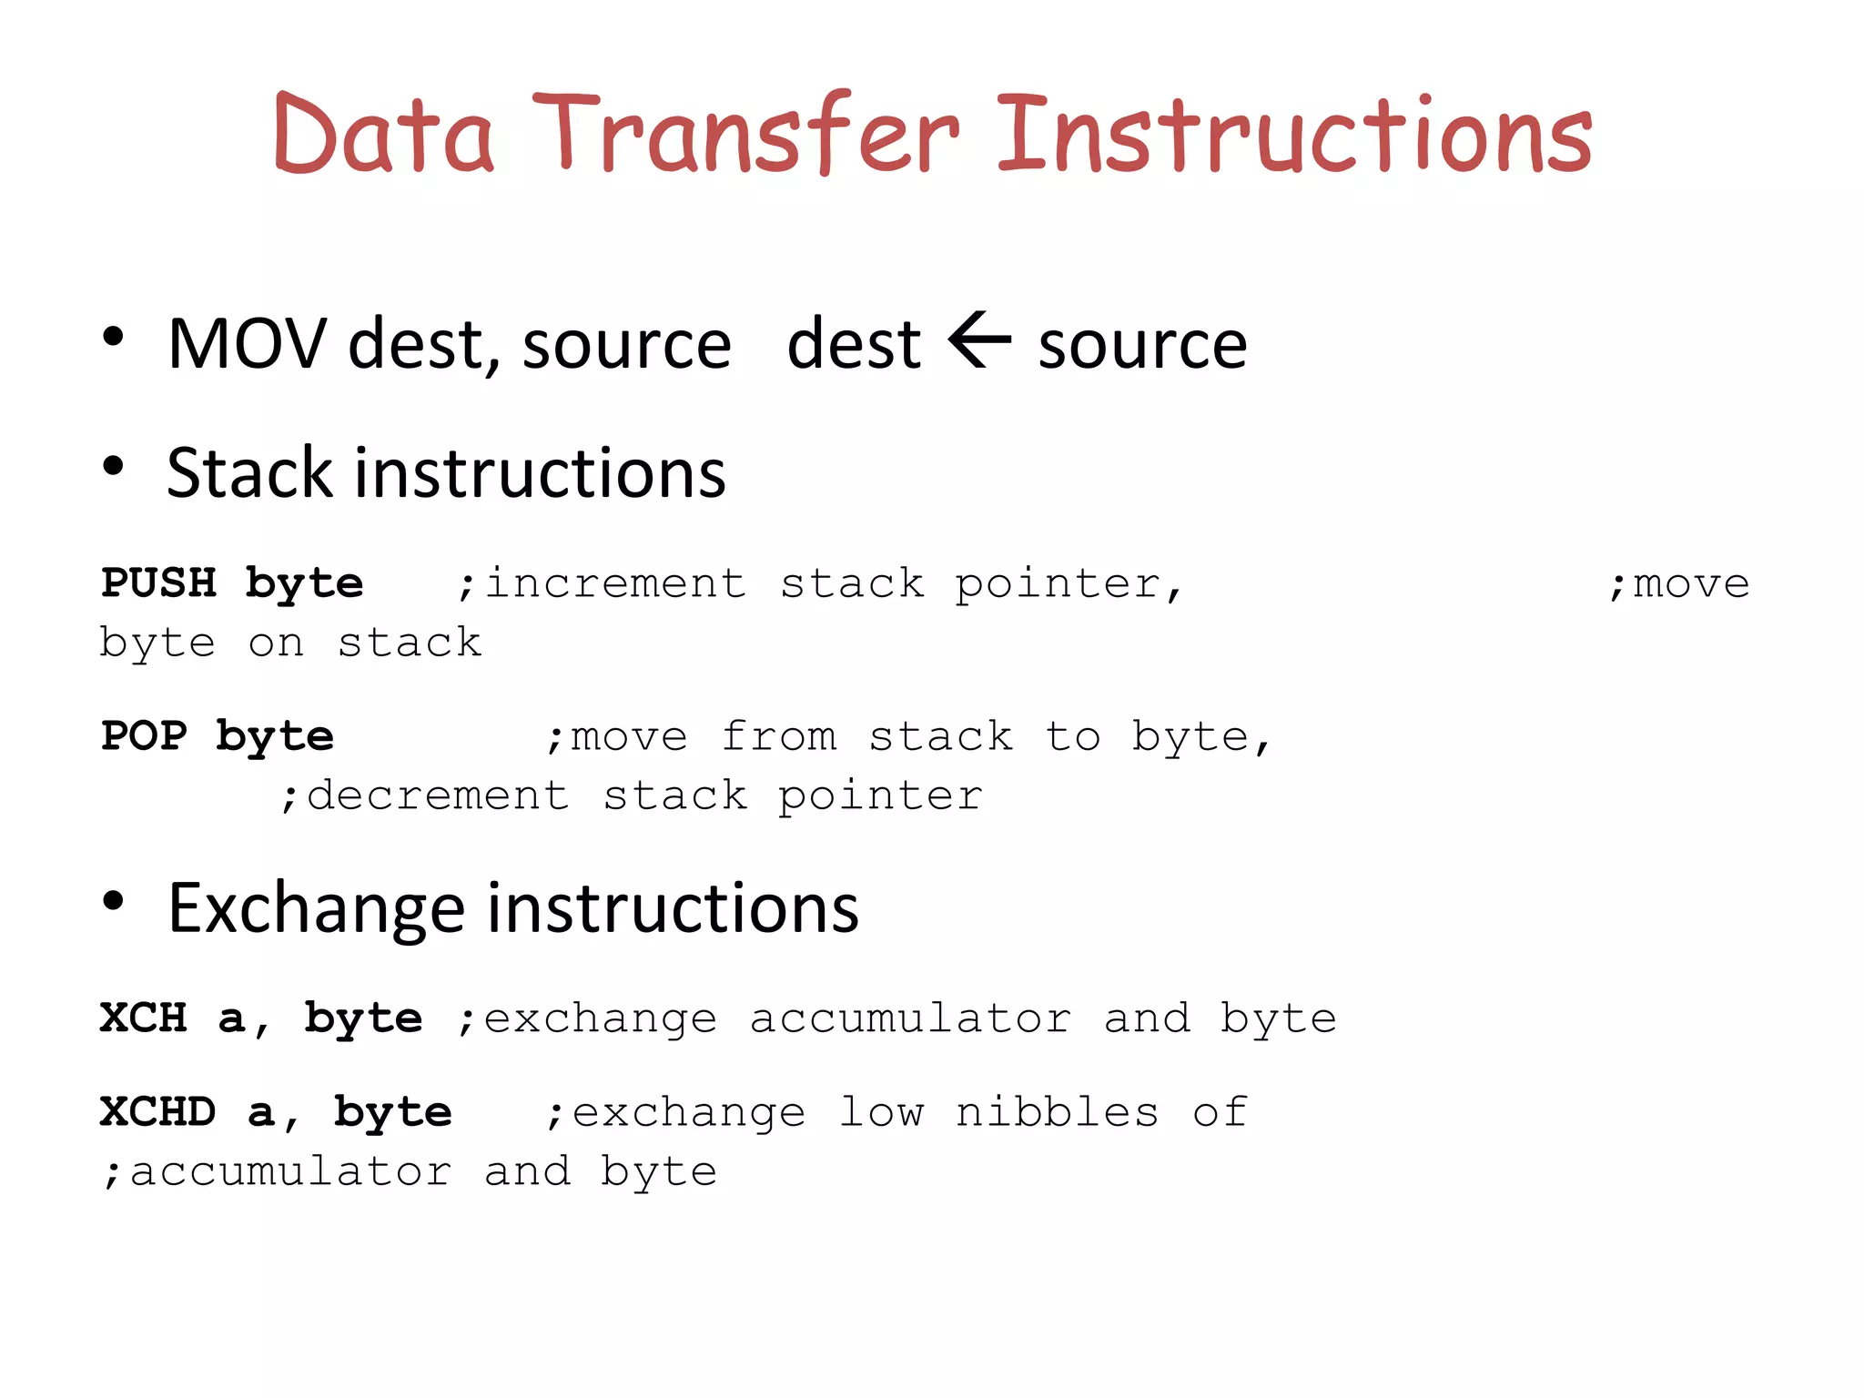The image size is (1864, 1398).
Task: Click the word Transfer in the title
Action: coord(746,135)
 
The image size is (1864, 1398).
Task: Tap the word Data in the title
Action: coord(383,135)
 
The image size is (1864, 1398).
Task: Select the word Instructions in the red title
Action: coord(1294,135)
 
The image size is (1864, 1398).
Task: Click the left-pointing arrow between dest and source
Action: coord(979,340)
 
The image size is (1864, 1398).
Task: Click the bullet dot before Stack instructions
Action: coord(113,467)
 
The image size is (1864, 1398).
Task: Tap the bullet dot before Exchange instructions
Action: coord(113,901)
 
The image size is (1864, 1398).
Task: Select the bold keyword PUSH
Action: coord(159,582)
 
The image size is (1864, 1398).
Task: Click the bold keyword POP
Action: coord(144,735)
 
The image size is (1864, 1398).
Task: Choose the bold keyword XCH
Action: coord(144,1018)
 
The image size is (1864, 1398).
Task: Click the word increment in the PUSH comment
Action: coord(615,583)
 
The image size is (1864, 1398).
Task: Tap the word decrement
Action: coord(438,796)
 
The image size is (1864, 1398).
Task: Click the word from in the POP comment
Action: coord(779,736)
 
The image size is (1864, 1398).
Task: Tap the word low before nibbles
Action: coord(881,1112)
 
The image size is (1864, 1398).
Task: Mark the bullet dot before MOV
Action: coord(113,338)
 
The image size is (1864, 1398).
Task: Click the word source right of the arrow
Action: coord(1142,346)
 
